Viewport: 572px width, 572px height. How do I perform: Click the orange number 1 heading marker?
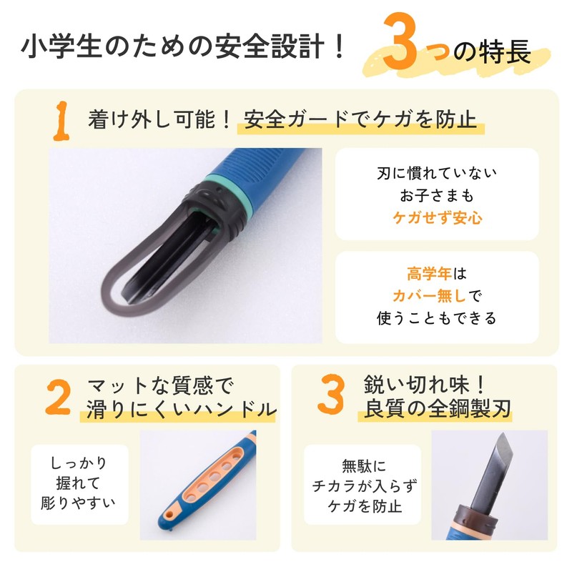(63, 119)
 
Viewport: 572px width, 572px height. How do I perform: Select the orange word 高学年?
(419, 274)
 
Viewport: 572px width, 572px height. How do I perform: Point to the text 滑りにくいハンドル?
(181, 409)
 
